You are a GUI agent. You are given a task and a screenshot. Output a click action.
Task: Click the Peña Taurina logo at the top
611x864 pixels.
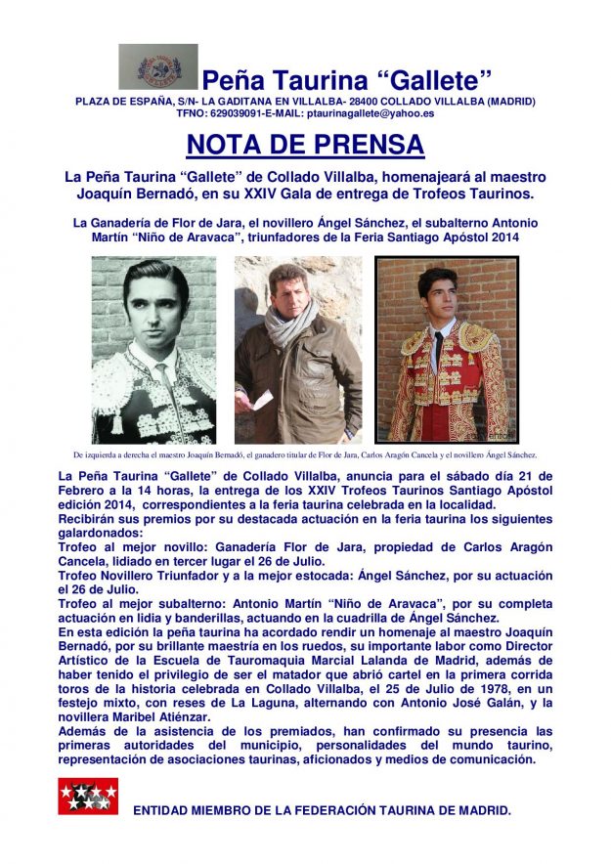tap(157, 66)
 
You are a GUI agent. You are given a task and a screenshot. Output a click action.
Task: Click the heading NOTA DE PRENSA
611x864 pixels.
tap(305, 145)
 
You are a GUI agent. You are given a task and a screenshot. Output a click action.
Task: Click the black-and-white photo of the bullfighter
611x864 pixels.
tap(153, 349)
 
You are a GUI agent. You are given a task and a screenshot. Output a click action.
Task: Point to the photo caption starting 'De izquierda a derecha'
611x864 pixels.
tap(305, 455)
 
